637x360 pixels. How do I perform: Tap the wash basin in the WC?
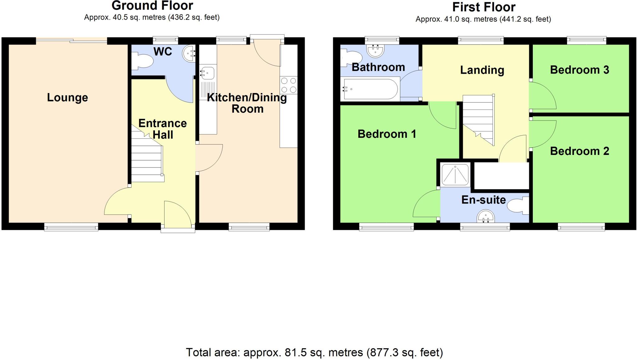point(189,54)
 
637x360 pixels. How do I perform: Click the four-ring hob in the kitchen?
point(289,85)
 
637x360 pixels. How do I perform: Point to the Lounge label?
point(67,98)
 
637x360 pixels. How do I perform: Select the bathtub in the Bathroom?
point(370,89)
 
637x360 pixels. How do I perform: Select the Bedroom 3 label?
point(579,70)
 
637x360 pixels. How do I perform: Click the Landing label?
point(482,70)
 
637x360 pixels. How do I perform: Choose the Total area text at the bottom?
point(314,353)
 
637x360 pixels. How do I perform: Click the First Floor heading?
point(484,7)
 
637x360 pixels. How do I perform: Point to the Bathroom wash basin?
point(376,50)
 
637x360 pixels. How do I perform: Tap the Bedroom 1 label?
point(387,134)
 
